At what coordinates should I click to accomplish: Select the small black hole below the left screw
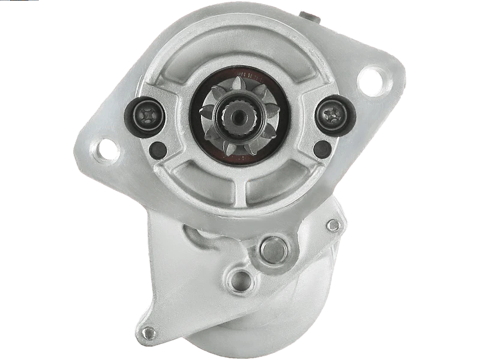tap(158, 149)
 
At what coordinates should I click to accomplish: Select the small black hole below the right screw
tap(322, 149)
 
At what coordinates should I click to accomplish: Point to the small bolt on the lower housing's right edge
tap(334, 226)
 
